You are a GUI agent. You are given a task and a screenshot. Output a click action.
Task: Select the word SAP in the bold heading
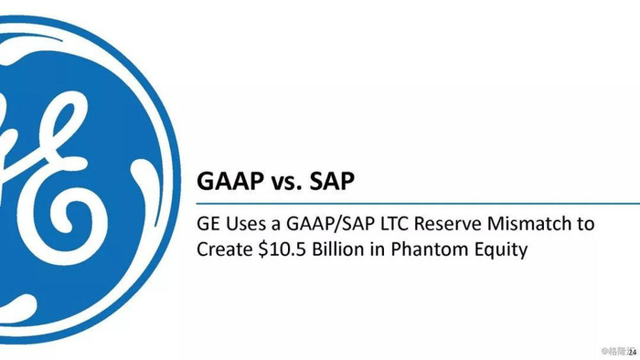click(332, 181)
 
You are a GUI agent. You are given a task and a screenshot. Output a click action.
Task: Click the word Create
click(225, 249)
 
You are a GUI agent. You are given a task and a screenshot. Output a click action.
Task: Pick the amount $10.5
click(282, 249)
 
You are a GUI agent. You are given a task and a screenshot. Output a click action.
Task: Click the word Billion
click(338, 249)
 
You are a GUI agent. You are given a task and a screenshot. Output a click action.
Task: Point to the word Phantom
click(430, 249)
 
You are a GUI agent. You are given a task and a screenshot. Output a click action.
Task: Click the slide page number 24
click(633, 353)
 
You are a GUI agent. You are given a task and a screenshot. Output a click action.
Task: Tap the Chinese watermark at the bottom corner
click(617, 351)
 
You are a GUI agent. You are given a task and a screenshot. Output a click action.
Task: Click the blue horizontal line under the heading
click(418, 203)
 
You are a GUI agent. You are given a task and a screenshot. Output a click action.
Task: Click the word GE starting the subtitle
click(208, 224)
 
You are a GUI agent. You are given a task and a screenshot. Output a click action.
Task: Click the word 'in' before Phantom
click(378, 249)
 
